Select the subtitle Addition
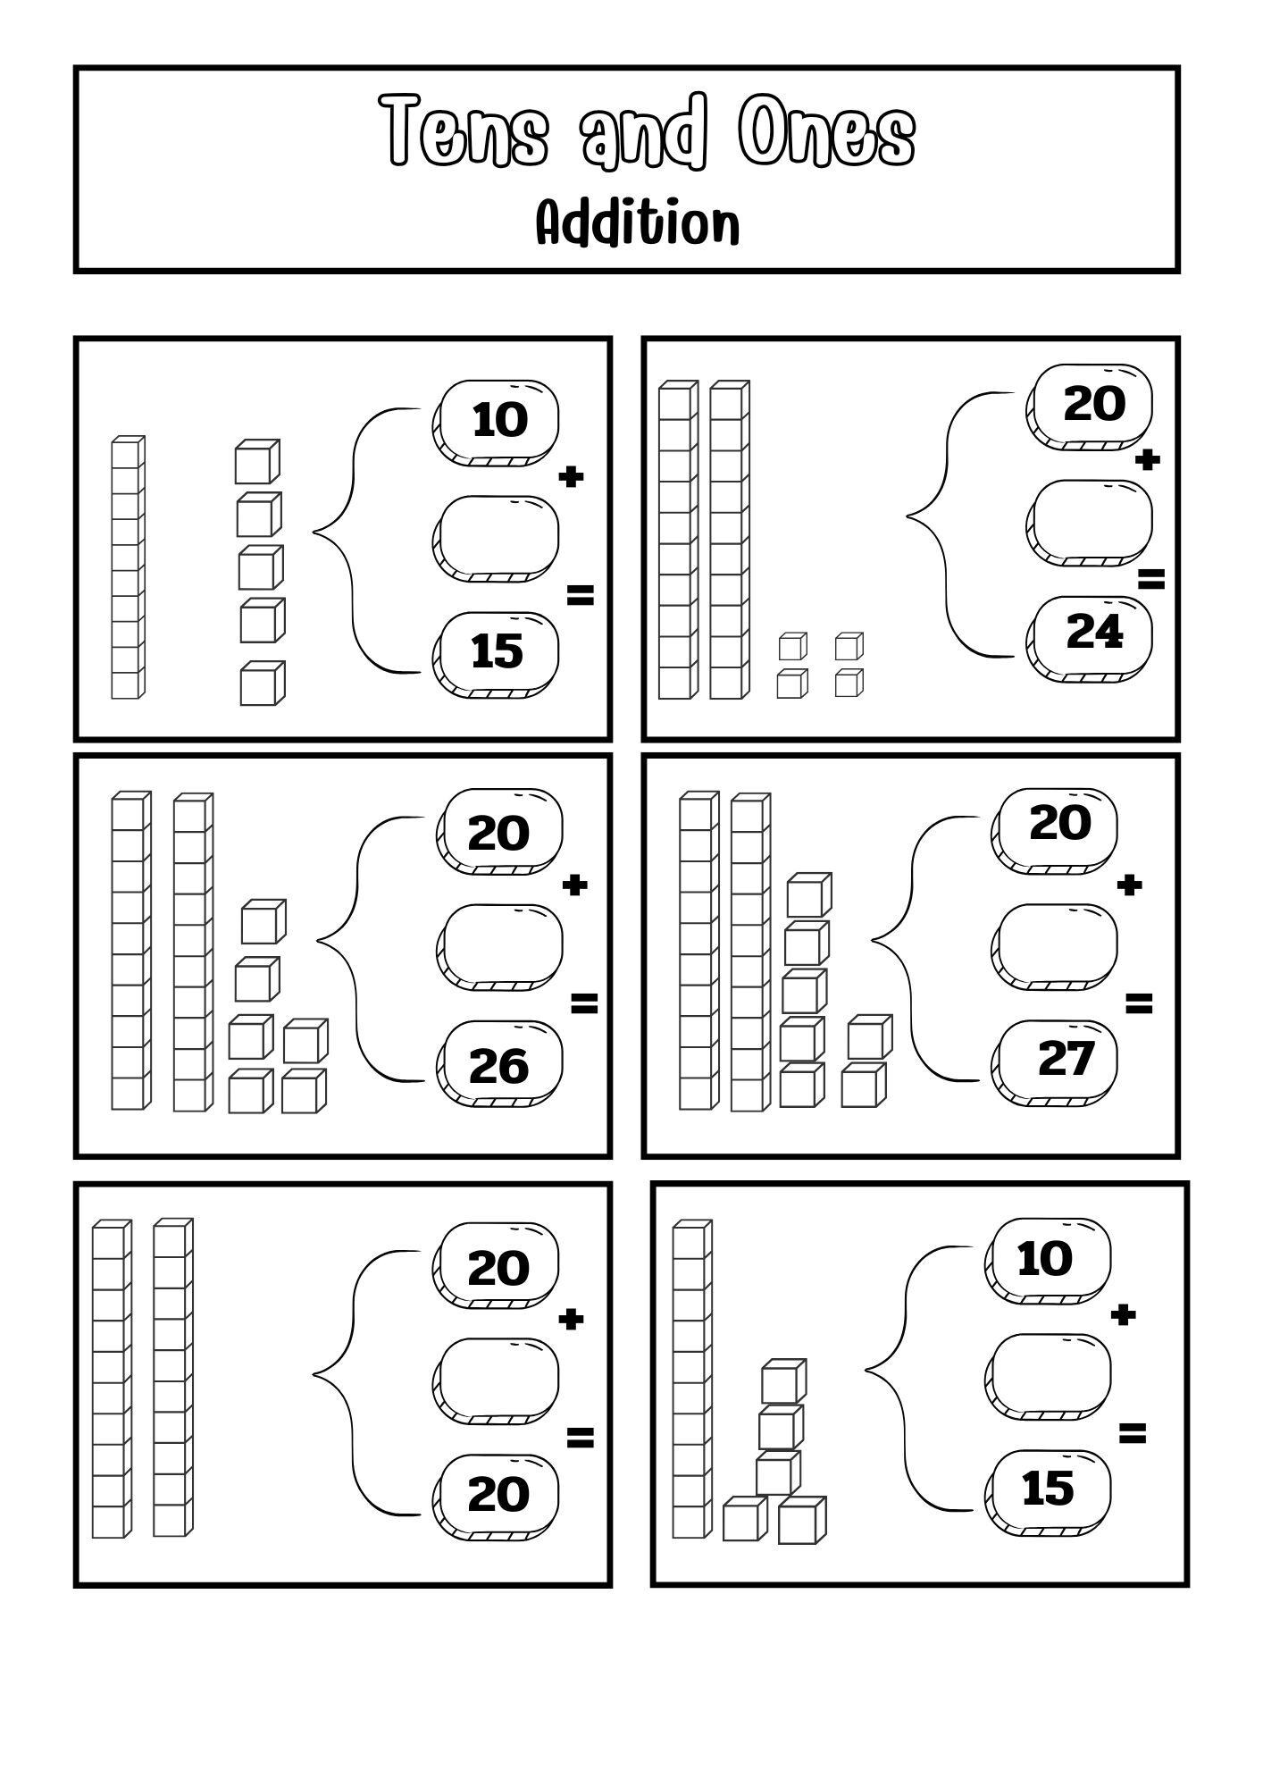pos(638,223)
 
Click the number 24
pos(1094,633)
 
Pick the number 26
pos(498,1066)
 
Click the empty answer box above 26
pos(500,947)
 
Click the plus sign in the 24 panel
pos(1148,460)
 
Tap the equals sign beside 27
pos(1138,1004)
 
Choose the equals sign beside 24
pos(1150,580)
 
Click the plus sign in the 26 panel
pos(575,885)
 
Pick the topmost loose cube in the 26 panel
pos(263,921)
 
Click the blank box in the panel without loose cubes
pos(497,1379)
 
